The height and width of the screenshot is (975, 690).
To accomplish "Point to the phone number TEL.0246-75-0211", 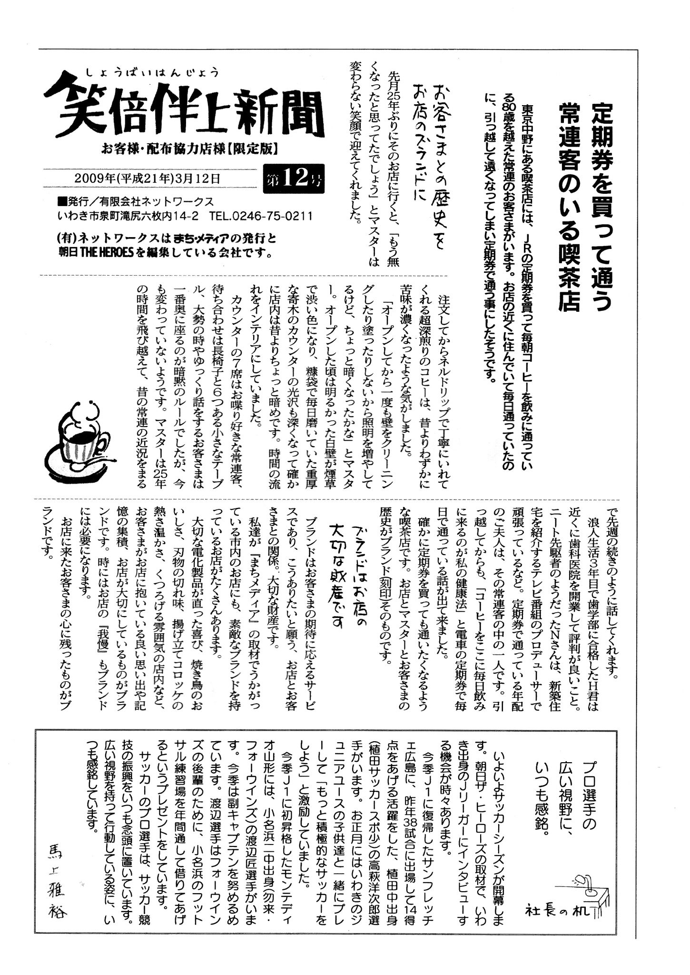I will [x=260, y=217].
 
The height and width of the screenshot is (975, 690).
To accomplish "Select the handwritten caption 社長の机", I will [x=557, y=910].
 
